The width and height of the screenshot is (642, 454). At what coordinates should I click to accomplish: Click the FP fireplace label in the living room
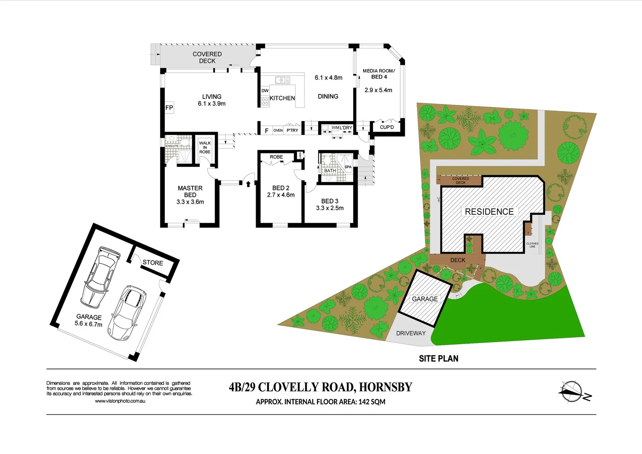169,108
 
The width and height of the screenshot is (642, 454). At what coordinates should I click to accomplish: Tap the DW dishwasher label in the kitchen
265,91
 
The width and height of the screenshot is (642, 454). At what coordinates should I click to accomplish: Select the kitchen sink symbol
283,80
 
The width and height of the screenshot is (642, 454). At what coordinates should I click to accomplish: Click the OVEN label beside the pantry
278,130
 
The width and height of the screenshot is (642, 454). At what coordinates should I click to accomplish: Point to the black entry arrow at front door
248,184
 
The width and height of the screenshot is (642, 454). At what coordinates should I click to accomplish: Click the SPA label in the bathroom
348,167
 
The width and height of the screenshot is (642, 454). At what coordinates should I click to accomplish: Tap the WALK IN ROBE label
205,148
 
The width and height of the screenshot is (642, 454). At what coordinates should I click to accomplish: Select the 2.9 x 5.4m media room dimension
378,90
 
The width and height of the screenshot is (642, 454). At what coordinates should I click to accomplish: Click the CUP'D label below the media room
387,127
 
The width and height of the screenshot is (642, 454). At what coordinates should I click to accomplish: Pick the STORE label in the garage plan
153,263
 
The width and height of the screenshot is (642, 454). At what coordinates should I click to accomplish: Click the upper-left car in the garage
101,277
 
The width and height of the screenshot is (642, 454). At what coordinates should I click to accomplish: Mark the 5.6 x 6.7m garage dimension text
88,324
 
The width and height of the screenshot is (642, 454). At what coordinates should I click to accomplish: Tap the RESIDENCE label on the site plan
489,212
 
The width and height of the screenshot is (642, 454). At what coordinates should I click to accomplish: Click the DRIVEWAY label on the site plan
411,333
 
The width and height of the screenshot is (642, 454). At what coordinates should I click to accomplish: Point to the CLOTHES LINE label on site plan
532,245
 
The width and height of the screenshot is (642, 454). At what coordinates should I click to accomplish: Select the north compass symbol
571,392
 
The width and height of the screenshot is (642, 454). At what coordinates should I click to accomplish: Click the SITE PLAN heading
439,359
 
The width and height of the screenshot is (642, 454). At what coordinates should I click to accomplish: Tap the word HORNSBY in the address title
386,387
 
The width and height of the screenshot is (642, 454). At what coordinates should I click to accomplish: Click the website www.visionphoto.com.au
120,401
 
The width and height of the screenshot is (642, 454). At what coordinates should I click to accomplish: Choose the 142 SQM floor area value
372,402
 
